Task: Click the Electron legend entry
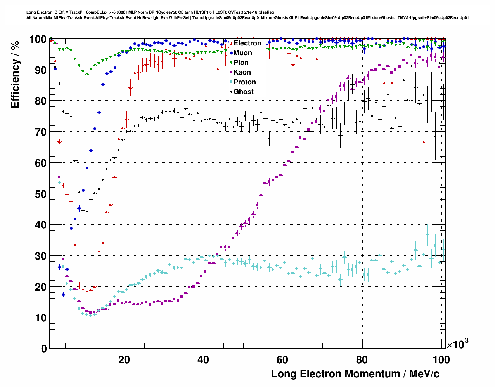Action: (247, 43)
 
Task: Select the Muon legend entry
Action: (242, 53)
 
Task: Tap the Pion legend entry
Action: (241, 63)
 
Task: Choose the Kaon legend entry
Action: (242, 72)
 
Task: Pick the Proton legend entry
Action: (244, 82)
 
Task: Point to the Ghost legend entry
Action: (243, 92)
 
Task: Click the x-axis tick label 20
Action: (124, 360)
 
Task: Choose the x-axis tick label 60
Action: (282, 360)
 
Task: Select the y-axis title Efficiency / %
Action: (15, 74)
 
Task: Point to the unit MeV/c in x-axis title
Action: (421, 374)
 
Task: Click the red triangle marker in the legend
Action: (231, 44)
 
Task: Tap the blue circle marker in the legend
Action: (231, 53)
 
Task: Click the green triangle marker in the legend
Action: (231, 63)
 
